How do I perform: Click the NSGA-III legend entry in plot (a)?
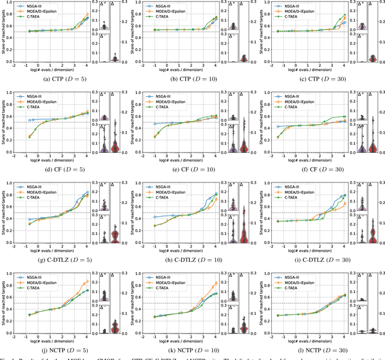coord(37,6)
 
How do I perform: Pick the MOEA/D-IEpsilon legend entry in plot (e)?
coord(168,99)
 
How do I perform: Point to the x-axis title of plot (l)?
coord(308,339)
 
